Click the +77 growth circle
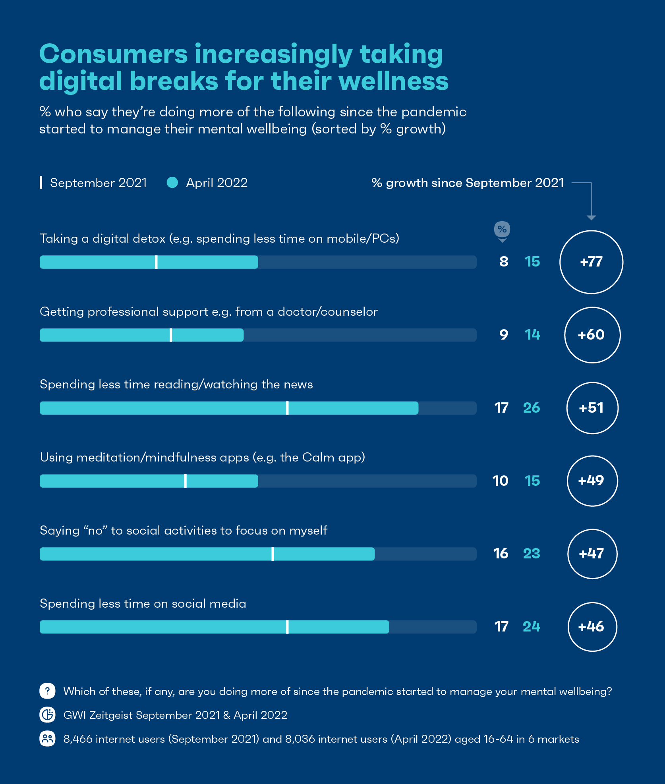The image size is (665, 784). [x=591, y=262]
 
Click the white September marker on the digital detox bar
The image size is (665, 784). [x=156, y=262]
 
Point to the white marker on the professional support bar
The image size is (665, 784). [x=171, y=335]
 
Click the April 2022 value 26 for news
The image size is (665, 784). [x=532, y=408]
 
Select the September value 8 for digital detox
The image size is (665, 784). [x=504, y=262]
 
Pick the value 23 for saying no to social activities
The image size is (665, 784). [x=532, y=554]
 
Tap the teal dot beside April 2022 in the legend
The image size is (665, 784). [x=172, y=183]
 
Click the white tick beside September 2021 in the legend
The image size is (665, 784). [x=41, y=183]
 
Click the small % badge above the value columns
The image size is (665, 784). [x=502, y=229]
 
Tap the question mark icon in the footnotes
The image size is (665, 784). [x=47, y=691]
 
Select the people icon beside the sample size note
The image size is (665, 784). [x=47, y=739]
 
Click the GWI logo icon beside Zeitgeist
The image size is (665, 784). [x=47, y=715]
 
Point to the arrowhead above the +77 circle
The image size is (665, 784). [x=591, y=218]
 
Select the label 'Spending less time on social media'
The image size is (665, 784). [x=143, y=604]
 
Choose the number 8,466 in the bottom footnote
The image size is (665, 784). [x=78, y=739]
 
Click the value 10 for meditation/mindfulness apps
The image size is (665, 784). [x=501, y=481]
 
